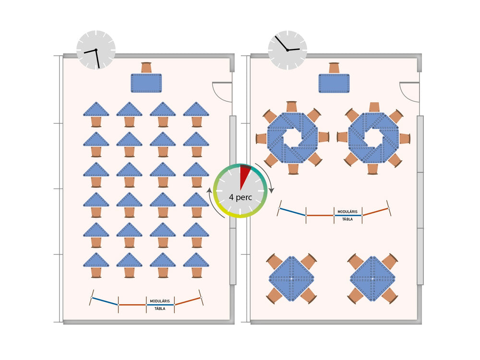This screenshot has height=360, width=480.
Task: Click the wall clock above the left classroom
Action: [x=96, y=50]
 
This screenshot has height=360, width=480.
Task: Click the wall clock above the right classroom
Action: [x=288, y=50]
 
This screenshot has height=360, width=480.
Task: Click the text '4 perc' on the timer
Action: [x=240, y=197]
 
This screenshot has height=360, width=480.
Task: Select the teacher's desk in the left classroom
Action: [x=146, y=83]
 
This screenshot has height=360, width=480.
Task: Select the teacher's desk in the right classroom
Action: [x=334, y=83]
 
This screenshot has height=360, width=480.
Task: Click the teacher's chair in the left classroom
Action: [x=146, y=68]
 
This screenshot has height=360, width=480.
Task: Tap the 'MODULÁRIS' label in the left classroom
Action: [x=160, y=301]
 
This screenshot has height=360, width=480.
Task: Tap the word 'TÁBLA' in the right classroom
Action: [x=348, y=219]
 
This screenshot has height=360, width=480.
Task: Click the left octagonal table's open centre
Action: [x=292, y=138]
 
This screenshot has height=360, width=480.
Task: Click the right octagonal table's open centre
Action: [x=373, y=138]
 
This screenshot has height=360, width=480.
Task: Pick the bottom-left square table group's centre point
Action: [x=291, y=278]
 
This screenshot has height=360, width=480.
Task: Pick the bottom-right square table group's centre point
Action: [x=372, y=278]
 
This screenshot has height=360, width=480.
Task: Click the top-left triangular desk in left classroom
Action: [x=96, y=109]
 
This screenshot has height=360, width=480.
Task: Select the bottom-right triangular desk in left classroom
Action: [x=196, y=260]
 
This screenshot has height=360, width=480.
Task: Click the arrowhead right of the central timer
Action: [x=271, y=190]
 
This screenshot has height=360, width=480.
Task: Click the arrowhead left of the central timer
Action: [x=209, y=191]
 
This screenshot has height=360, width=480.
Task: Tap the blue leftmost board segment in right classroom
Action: [x=292, y=212]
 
